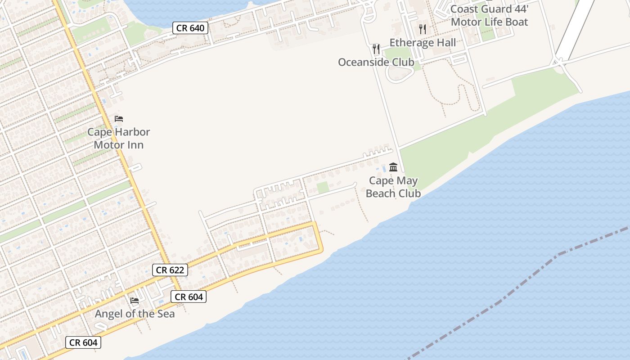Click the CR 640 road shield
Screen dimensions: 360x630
coord(190,28)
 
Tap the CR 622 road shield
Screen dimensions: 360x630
coord(170,270)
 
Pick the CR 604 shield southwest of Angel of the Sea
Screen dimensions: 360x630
coord(83,342)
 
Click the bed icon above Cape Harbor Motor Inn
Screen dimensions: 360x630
coord(119,119)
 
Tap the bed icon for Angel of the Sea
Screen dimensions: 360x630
coord(135,301)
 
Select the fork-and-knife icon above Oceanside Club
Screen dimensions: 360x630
coord(376,49)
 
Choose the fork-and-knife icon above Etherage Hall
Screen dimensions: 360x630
coord(422,29)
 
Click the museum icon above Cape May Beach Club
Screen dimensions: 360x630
coord(393,167)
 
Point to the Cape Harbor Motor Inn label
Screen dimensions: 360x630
coord(119,139)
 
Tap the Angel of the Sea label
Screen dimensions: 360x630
coord(135,314)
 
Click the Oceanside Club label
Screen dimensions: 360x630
coord(376,62)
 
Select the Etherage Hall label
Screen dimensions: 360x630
coord(423,43)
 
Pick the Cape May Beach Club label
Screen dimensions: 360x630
coord(393,187)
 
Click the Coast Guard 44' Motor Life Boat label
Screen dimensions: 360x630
coord(489,15)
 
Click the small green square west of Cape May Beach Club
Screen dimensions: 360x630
coord(323,188)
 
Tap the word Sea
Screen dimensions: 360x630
coord(165,314)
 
